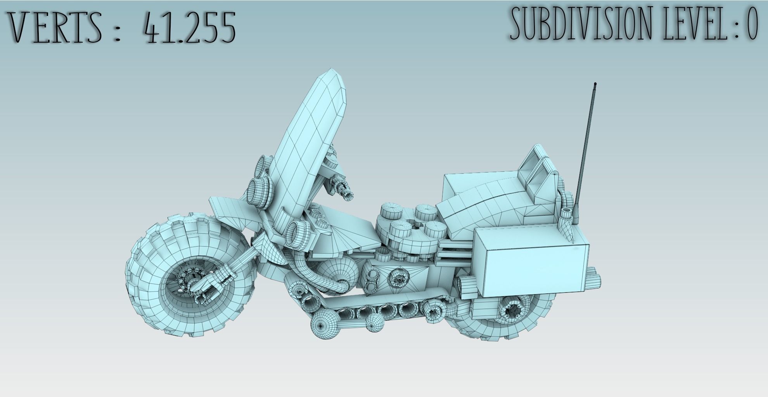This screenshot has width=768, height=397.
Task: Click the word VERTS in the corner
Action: (57, 27)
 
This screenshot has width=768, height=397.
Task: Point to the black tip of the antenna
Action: (595, 83)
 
